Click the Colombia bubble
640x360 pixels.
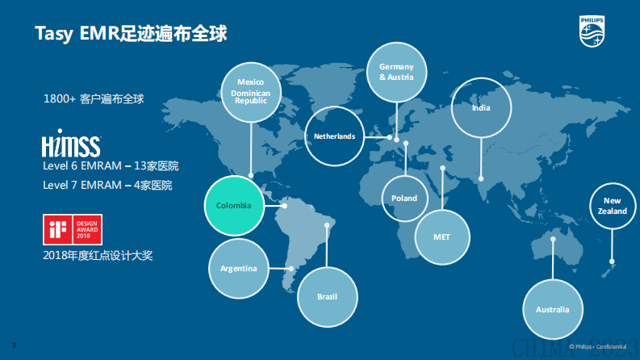(x=234, y=206)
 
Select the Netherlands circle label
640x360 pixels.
(x=335, y=136)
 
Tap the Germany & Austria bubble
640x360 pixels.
(x=395, y=72)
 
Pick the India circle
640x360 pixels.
(x=481, y=107)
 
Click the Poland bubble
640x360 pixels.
(x=404, y=198)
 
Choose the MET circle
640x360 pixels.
(x=441, y=237)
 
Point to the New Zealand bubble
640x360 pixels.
(x=613, y=206)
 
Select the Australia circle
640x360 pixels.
(x=552, y=310)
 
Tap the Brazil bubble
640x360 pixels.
(x=326, y=296)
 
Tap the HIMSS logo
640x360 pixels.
(x=71, y=145)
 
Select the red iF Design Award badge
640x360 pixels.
(x=71, y=229)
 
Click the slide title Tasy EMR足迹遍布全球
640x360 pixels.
(x=131, y=34)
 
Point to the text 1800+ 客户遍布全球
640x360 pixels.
(x=94, y=98)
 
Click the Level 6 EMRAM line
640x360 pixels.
(x=111, y=166)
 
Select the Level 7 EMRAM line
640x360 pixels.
(x=107, y=185)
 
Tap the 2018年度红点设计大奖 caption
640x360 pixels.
(x=98, y=255)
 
